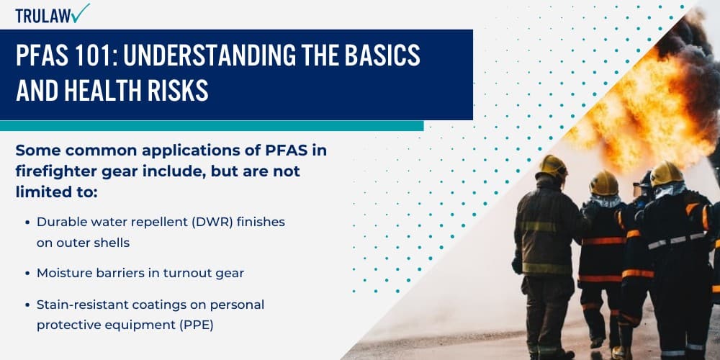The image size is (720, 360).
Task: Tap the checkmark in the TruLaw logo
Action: tap(81, 12)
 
